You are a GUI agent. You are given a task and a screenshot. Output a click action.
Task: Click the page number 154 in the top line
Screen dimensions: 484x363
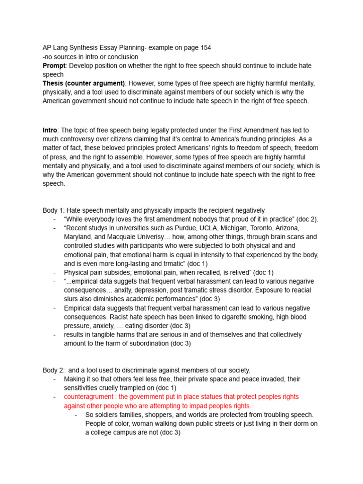[x=205, y=48]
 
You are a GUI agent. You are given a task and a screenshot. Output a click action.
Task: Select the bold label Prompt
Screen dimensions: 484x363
[x=54, y=66]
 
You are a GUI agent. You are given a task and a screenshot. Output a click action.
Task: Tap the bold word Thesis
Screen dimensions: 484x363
[x=54, y=84]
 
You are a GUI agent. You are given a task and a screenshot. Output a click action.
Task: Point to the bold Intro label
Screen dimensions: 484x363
[x=50, y=130]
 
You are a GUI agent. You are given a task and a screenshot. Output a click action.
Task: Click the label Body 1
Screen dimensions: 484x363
[x=53, y=210]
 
